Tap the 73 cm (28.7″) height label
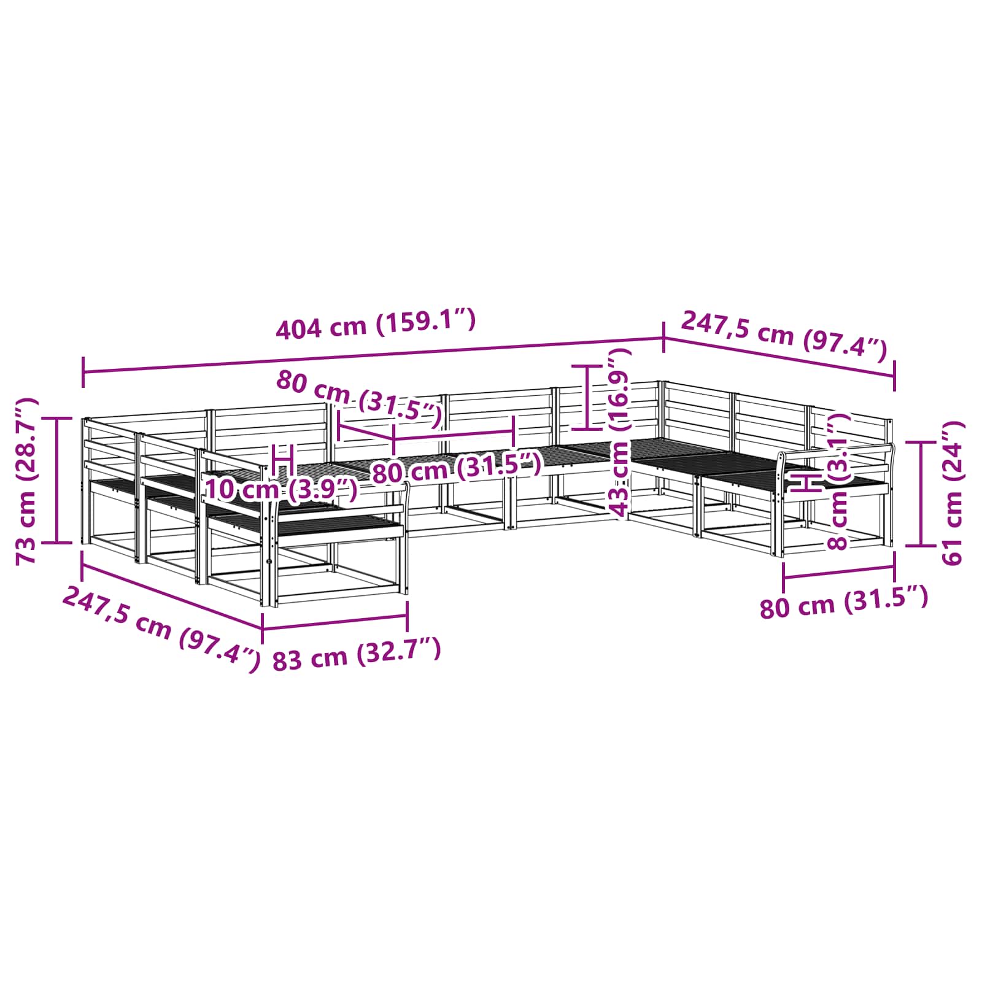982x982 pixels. [x=26, y=481]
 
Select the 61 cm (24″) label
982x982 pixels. [x=953, y=493]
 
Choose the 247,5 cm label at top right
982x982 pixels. [x=784, y=336]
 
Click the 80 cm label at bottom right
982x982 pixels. [x=844, y=603]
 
